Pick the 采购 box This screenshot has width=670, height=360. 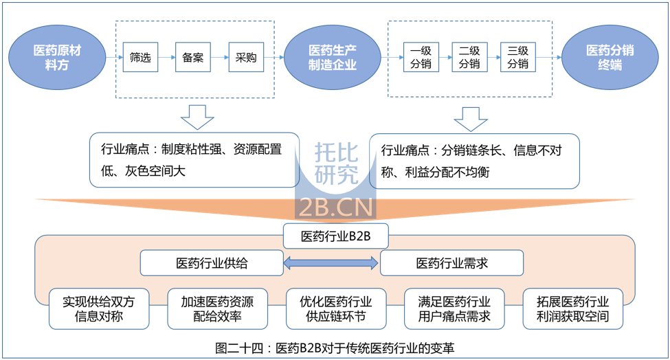[x=246, y=58]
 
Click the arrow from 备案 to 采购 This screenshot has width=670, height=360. [x=220, y=58]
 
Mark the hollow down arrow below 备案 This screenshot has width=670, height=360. [x=197, y=117]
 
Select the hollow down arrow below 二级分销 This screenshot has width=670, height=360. [x=471, y=117]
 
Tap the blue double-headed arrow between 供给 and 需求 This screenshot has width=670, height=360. [x=332, y=262]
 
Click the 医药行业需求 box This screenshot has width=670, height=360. [x=451, y=262]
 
